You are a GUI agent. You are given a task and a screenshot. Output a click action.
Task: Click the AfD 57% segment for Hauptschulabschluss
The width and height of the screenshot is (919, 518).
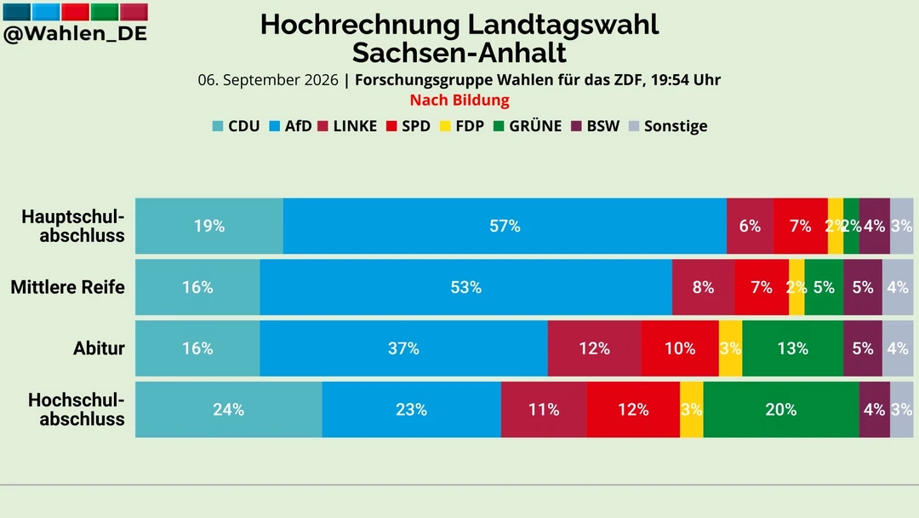click(505, 226)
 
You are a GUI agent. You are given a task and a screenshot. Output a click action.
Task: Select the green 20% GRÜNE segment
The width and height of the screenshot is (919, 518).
click(781, 410)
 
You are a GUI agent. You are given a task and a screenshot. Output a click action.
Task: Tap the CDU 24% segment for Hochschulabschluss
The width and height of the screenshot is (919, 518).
click(229, 410)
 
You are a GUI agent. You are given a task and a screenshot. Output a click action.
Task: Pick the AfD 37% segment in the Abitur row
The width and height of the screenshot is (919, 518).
click(404, 348)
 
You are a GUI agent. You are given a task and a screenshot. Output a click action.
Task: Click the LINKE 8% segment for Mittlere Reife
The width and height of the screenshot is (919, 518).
click(704, 287)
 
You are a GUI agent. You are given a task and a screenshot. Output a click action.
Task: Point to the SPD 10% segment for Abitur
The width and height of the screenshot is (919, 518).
click(680, 348)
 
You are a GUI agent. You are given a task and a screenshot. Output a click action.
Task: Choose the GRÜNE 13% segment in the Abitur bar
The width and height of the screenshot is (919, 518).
click(793, 348)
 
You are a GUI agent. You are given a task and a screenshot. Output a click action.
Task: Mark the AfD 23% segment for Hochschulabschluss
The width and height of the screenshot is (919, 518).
click(412, 410)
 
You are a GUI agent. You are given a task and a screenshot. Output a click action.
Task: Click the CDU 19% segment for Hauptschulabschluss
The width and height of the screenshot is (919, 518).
click(209, 226)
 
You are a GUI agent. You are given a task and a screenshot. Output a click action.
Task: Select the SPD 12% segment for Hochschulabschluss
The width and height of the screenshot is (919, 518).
click(633, 410)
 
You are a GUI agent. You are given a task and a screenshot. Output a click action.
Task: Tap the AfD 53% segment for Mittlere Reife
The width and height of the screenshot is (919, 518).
click(466, 287)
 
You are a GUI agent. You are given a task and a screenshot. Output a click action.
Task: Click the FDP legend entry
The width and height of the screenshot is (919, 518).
click(462, 126)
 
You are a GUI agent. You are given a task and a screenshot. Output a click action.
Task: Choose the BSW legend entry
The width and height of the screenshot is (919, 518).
click(595, 126)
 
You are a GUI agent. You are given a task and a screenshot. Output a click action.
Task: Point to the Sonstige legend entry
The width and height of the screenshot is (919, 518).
click(668, 126)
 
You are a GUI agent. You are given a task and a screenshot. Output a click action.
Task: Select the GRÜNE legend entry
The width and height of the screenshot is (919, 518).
click(528, 126)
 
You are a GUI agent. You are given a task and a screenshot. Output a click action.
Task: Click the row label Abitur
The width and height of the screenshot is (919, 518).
click(99, 348)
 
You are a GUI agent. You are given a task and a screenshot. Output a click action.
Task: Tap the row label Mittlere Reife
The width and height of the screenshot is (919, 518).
click(68, 287)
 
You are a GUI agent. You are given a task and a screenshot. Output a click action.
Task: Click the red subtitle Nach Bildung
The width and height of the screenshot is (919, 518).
click(459, 101)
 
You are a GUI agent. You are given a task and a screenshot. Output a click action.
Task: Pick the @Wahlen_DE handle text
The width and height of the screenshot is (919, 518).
click(75, 34)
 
